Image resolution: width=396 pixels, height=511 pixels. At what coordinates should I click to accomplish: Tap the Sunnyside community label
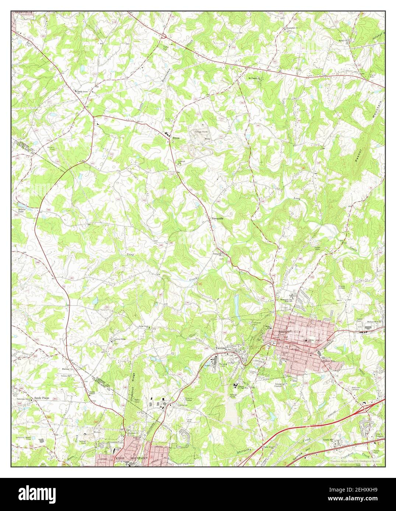pyautogui.click(x=217, y=218)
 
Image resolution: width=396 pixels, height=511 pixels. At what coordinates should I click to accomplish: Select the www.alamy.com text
pyautogui.click(x=361, y=501)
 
